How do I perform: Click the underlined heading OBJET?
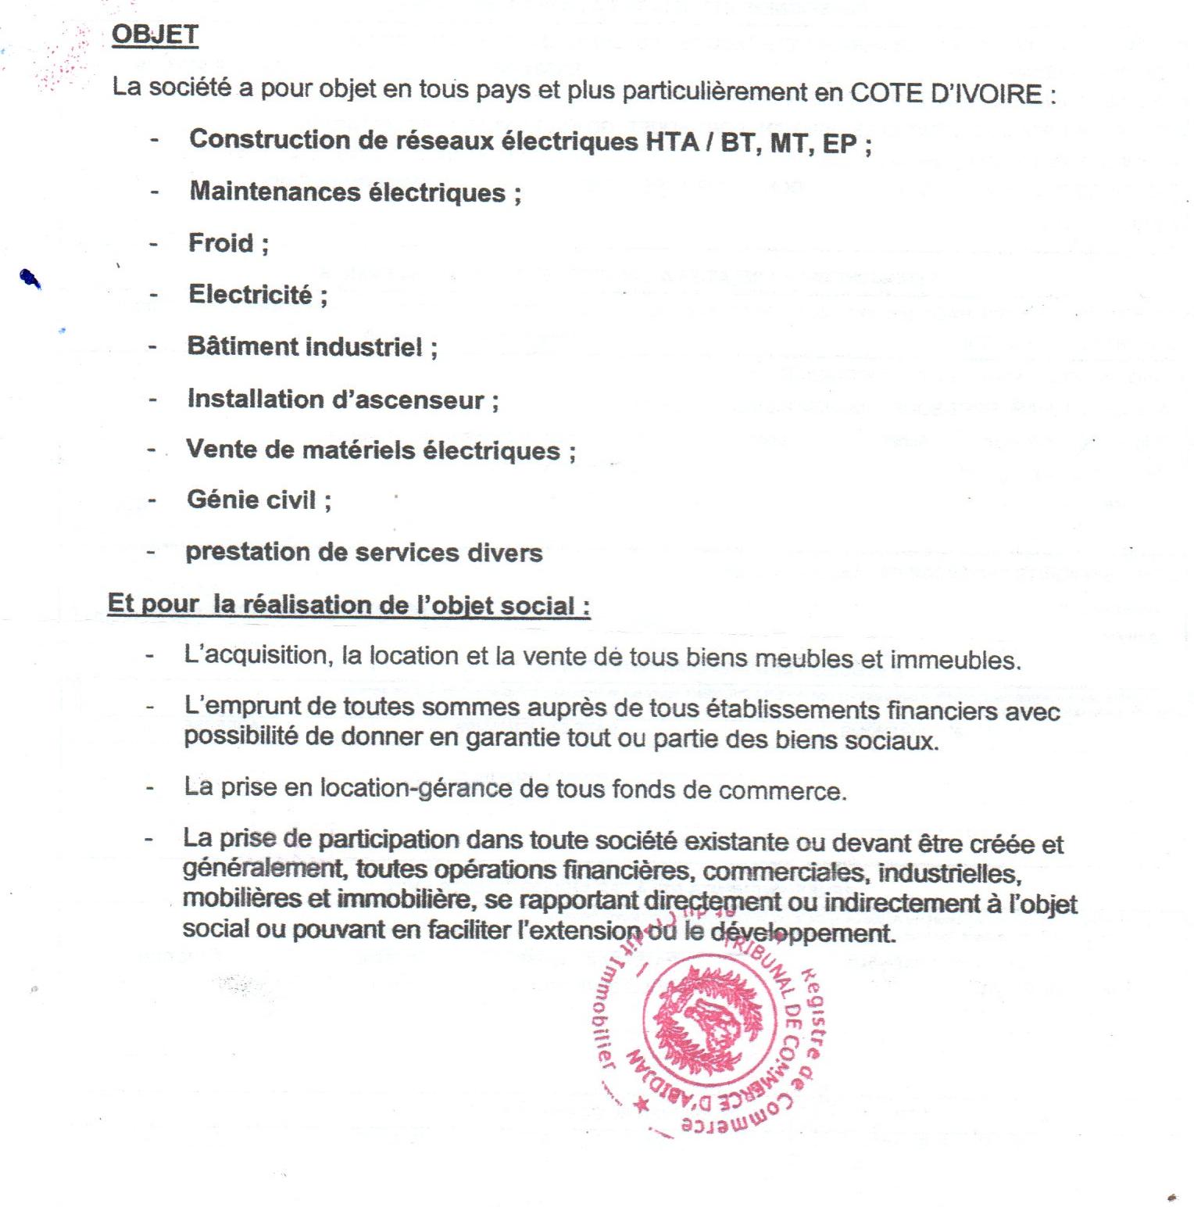click(x=155, y=34)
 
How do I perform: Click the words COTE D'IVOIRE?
click(x=945, y=94)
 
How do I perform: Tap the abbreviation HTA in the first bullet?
click(x=672, y=142)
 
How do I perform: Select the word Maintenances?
click(x=273, y=192)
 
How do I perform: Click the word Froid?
click(x=220, y=243)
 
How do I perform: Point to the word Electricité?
click(x=249, y=295)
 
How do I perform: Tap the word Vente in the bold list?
click(x=218, y=450)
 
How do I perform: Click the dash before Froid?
click(x=154, y=244)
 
